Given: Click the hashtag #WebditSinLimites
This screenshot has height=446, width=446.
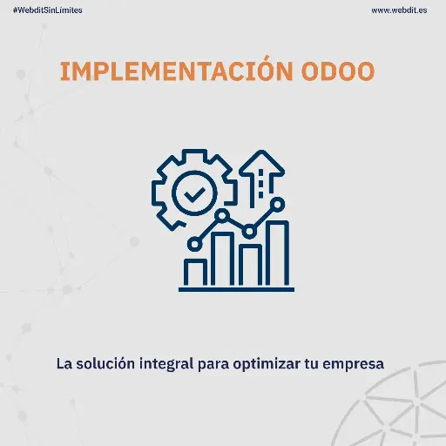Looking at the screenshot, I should tap(48, 10).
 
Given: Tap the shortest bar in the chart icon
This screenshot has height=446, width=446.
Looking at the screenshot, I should tap(196, 270).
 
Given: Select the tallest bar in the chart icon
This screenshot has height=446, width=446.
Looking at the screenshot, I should tap(277, 253).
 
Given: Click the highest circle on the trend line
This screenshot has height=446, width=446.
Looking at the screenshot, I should tap(278, 203).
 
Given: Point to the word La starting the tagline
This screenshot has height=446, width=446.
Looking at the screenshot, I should tap(64, 362).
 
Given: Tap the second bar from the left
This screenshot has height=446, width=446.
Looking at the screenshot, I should tap(223, 258).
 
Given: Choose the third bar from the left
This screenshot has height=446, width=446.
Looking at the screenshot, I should tap(251, 264).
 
